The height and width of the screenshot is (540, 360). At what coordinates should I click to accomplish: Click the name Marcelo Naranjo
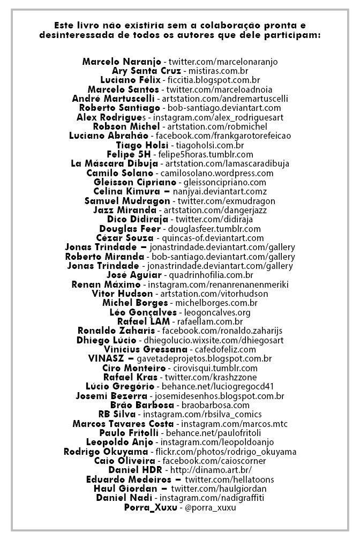(x=122, y=62)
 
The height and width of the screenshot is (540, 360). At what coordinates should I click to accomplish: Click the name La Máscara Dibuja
(x=114, y=163)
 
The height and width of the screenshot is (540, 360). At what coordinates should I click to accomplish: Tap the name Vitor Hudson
(x=122, y=294)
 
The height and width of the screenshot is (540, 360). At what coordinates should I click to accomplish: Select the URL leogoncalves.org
(x=216, y=312)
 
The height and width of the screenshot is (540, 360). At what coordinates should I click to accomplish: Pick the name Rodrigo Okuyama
(x=106, y=452)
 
